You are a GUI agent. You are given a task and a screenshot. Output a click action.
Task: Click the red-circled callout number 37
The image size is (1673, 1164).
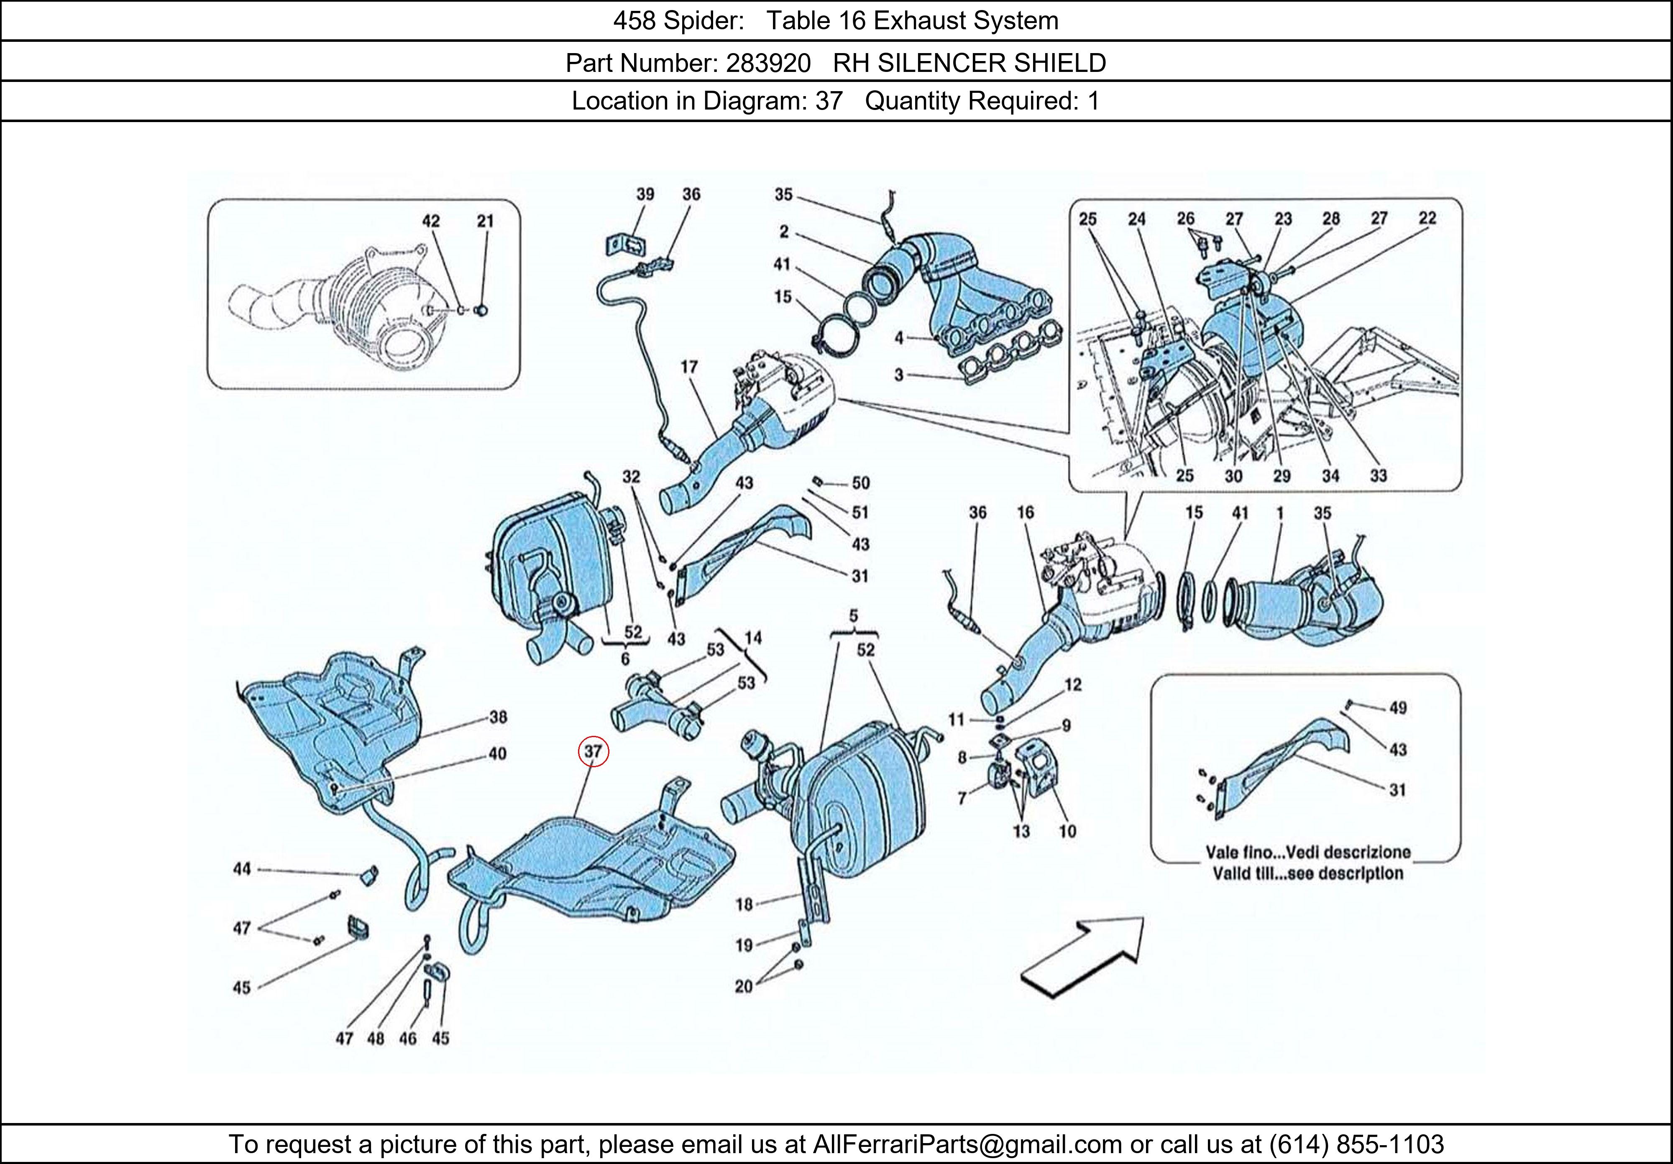point(593,751)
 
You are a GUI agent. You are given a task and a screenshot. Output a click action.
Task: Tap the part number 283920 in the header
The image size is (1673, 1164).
point(768,64)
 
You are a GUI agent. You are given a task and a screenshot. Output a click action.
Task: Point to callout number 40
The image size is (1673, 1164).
point(498,753)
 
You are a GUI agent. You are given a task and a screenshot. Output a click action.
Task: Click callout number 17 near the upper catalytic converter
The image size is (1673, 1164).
point(689,367)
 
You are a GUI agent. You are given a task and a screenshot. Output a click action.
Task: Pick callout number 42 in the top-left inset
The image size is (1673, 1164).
point(431,221)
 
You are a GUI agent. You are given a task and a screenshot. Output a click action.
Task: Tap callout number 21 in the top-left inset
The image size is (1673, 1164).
point(485,221)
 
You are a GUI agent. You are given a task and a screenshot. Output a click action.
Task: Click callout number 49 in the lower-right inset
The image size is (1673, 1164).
point(1397,707)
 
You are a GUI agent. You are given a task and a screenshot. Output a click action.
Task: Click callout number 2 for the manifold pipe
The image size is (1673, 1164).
point(783,232)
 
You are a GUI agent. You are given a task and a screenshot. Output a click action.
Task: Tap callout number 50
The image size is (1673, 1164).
point(860,483)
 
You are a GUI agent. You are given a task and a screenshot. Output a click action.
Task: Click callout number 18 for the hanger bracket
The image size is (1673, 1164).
point(743,904)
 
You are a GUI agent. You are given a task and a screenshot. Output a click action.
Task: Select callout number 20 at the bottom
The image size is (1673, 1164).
point(743,986)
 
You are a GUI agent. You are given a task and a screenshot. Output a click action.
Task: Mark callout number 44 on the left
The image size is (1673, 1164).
point(242,868)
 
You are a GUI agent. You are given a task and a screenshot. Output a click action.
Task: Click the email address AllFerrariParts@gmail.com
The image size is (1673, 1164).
point(967,1144)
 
